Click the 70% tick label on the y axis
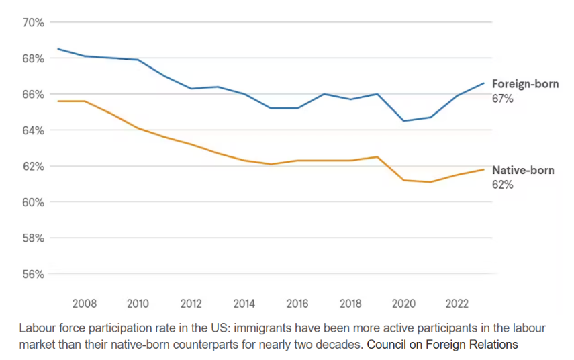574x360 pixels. pyautogui.click(x=34, y=23)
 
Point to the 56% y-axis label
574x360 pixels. pyautogui.click(x=34, y=274)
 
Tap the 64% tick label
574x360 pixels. pyautogui.click(x=34, y=130)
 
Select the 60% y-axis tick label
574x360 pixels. pyautogui.click(x=34, y=202)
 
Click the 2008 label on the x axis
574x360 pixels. pyautogui.click(x=85, y=304)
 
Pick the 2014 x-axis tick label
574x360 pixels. pyautogui.click(x=244, y=304)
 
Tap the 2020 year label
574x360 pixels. pyautogui.click(x=403, y=304)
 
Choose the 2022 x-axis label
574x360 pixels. pyautogui.click(x=457, y=304)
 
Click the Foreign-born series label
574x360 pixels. pyautogui.click(x=525, y=84)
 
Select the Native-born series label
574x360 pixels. pyautogui.click(x=523, y=170)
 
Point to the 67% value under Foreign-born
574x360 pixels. pyautogui.click(x=503, y=99)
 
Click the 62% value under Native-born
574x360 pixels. pyautogui.click(x=503, y=185)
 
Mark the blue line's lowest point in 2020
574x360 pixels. pyautogui.click(x=403, y=121)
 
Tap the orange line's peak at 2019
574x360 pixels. pyautogui.click(x=377, y=157)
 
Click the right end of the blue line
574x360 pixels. pyautogui.click(x=484, y=83)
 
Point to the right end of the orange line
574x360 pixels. pyautogui.click(x=484, y=169)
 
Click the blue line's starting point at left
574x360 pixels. pyautogui.click(x=58, y=49)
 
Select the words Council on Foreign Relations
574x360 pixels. pyautogui.click(x=442, y=345)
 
